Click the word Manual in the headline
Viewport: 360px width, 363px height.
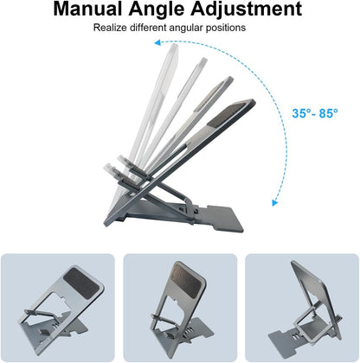[88, 9]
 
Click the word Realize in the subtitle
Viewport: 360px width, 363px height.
[110, 28]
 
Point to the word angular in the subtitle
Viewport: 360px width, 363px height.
[187, 29]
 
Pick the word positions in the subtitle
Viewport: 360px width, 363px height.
[226, 29]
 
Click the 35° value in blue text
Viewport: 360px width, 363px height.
[302, 113]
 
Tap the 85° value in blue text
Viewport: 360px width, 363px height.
[328, 113]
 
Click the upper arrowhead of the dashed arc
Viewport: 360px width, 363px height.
[157, 43]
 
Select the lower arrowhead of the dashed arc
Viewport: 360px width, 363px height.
[275, 203]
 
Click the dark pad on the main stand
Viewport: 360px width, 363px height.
[230, 114]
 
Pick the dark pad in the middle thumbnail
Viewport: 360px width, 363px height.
[188, 280]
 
